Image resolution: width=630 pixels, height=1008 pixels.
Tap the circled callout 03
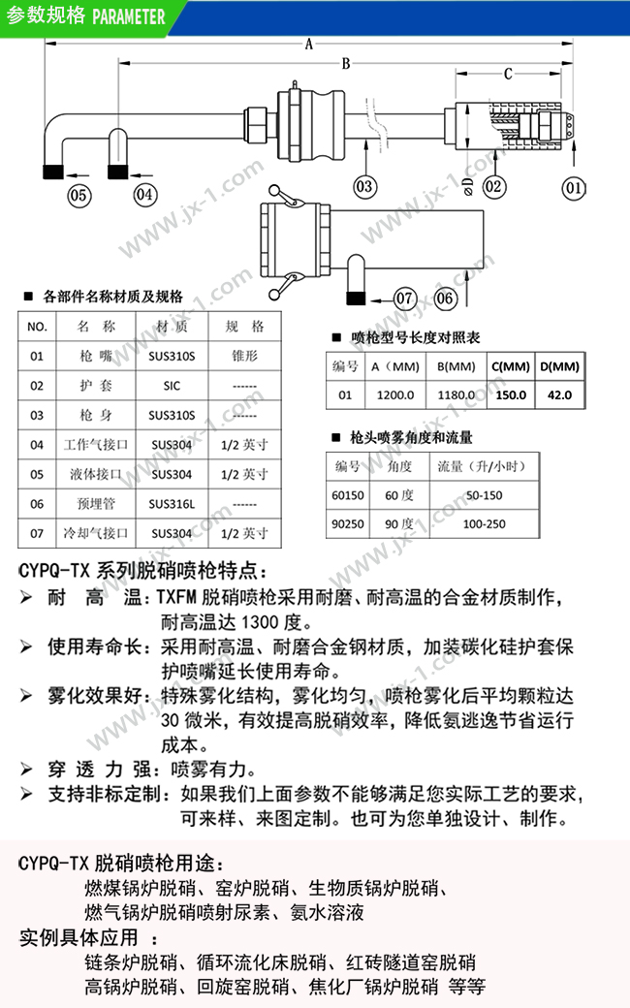click(x=364, y=184)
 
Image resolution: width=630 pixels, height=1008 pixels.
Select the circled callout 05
click(x=79, y=194)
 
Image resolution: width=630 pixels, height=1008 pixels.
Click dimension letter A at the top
click(x=308, y=44)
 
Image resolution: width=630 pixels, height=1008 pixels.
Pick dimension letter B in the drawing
click(x=345, y=64)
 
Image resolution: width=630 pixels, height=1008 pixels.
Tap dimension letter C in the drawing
click(x=508, y=74)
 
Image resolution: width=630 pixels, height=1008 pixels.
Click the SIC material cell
click(x=172, y=385)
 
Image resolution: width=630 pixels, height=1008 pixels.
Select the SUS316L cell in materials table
click(x=172, y=504)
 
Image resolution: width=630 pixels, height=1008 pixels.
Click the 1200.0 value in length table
click(x=395, y=394)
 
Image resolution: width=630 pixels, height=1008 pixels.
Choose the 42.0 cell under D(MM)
click(x=559, y=394)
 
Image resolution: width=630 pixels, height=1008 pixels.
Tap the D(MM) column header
click(x=559, y=366)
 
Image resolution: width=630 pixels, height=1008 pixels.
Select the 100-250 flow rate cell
click(x=485, y=524)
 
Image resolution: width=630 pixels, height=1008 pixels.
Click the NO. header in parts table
click(x=37, y=327)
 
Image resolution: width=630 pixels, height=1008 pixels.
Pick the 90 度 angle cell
click(x=399, y=524)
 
